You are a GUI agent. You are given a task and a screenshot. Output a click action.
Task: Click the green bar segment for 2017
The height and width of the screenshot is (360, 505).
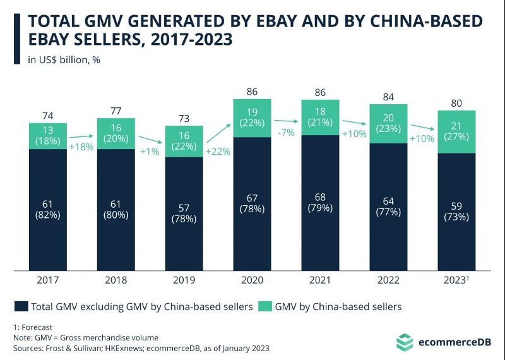point(48,135)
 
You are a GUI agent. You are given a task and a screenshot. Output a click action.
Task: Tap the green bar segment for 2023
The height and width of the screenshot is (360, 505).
point(456,131)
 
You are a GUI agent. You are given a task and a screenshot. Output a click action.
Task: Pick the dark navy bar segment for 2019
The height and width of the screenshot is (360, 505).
point(184,212)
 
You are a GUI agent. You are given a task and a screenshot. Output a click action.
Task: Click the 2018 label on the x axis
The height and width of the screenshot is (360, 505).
point(116,279)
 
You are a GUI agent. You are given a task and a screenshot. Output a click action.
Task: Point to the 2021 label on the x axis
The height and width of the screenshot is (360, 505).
point(321,279)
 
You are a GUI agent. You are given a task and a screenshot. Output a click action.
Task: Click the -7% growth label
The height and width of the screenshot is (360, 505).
point(286,133)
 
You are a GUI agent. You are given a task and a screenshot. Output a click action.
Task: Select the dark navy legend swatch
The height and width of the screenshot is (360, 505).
point(21,307)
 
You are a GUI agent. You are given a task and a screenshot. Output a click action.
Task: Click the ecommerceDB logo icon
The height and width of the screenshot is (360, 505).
point(405,343)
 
